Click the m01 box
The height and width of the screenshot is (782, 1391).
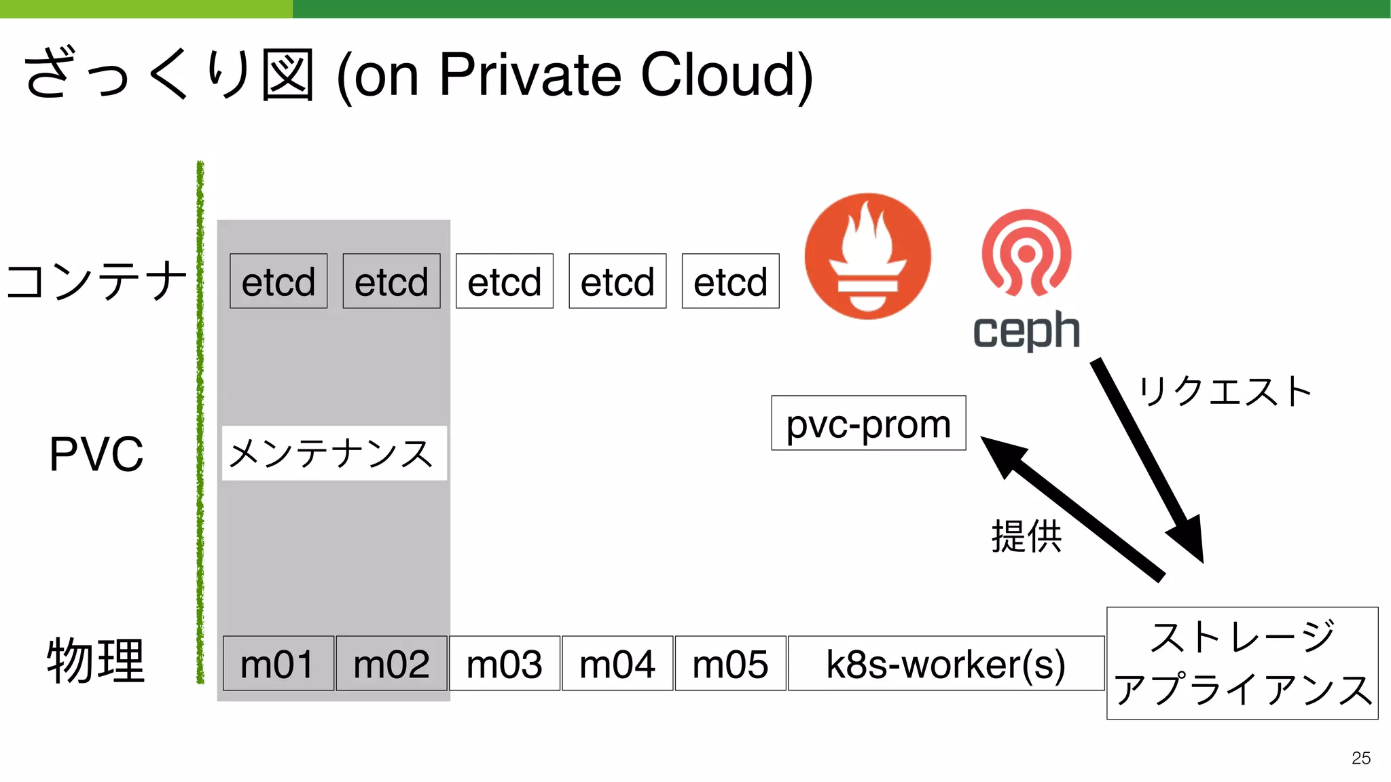pyautogui.click(x=278, y=663)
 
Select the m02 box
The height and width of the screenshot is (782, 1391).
pyautogui.click(x=391, y=663)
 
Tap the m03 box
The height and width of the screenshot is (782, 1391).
pyautogui.click(x=504, y=663)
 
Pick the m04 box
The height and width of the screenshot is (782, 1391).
pyautogui.click(x=617, y=663)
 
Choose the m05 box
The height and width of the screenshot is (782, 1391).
pyautogui.click(x=730, y=663)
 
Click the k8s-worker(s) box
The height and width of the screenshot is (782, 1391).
pyautogui.click(x=945, y=663)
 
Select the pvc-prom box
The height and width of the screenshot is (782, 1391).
pyautogui.click(x=868, y=423)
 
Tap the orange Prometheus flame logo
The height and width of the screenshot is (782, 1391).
pyautogui.click(x=867, y=256)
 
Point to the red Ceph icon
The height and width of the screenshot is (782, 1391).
pyautogui.click(x=1026, y=253)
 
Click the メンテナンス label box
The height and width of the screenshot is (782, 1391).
pyautogui.click(x=333, y=453)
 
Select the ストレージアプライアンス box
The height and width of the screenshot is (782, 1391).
pyautogui.click(x=1242, y=663)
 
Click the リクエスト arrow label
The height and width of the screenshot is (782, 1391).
pyautogui.click(x=1225, y=392)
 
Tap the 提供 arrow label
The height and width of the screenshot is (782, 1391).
pyautogui.click(x=1026, y=536)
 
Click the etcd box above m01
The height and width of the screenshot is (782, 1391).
pyautogui.click(x=278, y=281)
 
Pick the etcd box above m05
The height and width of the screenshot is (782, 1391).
pyautogui.click(x=730, y=281)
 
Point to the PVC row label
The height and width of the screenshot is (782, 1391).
pyautogui.click(x=96, y=453)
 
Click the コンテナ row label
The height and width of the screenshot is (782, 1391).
pyautogui.click(x=96, y=280)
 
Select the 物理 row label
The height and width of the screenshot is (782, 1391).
pyautogui.click(x=96, y=660)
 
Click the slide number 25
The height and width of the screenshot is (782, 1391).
pyautogui.click(x=1360, y=758)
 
